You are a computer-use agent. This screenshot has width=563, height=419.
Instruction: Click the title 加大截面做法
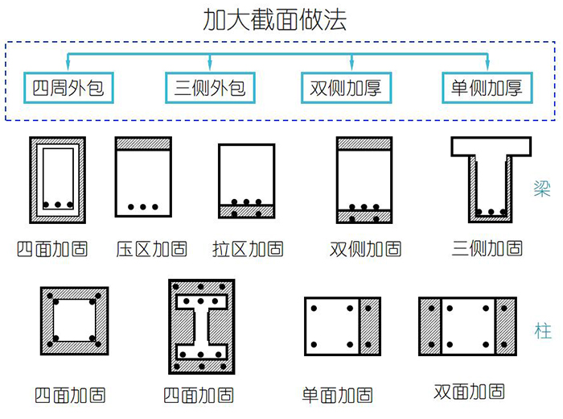tap(276, 20)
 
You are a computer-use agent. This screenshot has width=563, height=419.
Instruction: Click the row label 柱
tap(543, 331)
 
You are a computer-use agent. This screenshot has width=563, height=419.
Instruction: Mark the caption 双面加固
tap(469, 392)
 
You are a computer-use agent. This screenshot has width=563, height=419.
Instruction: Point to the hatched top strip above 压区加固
tap(144, 143)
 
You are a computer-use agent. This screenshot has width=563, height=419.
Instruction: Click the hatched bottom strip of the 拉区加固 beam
tap(247, 213)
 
